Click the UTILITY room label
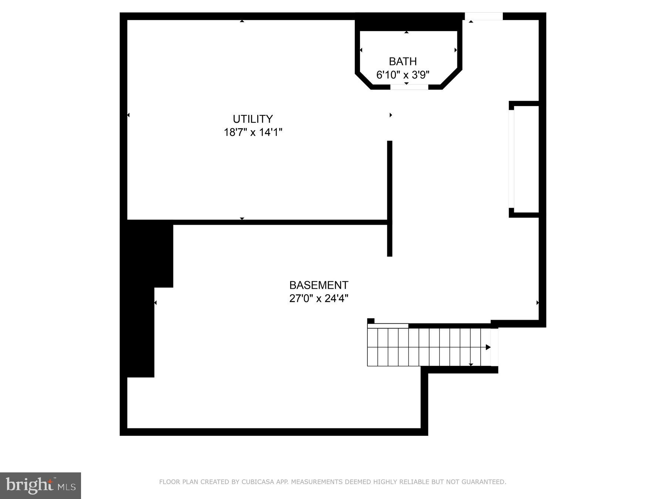pos(253,119)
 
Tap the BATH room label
pos(403,61)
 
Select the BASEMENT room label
pos(319,285)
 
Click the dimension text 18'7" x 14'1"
pos(253,132)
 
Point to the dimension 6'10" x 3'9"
pos(403,75)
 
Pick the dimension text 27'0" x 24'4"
pos(319,298)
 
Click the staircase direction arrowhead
pos(488,347)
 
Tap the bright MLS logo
pos(40,485)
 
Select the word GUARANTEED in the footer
pos(485,482)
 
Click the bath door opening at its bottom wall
pos(409,87)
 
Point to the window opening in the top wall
pos(484,16)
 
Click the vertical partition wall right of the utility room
pos(390,198)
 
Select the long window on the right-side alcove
pos(511,159)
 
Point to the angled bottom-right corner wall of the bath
pos(451,78)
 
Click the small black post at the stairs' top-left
pos(371,321)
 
